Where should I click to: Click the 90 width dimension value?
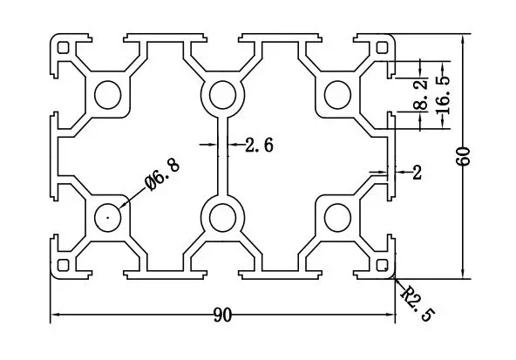coord(221,316)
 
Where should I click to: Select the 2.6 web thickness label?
coord(259,146)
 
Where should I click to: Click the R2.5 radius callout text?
coord(416,302)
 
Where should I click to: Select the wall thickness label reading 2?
coord(417,173)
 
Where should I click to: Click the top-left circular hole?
coord(109,94)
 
